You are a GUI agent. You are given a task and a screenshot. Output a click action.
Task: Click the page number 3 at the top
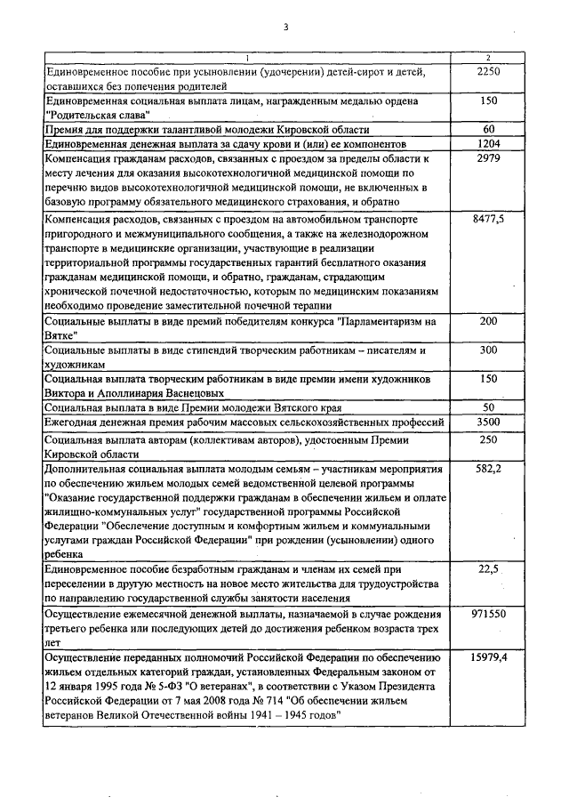click(285, 26)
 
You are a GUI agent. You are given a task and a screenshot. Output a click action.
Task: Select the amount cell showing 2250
click(488, 71)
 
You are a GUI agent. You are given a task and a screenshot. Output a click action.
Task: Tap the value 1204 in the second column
click(488, 143)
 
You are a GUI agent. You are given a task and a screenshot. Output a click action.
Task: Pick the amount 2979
click(488, 158)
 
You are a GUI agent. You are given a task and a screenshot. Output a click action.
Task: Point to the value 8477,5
click(488, 218)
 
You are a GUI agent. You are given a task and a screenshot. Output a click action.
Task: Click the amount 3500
click(488, 422)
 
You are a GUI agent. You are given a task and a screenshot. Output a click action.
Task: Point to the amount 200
click(488, 321)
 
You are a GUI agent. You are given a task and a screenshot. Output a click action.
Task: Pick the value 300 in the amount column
click(488, 350)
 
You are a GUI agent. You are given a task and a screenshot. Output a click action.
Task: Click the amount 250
click(488, 439)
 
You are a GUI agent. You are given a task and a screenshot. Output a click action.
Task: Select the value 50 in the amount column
click(488, 407)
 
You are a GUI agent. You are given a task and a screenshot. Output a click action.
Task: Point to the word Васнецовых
click(188, 392)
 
